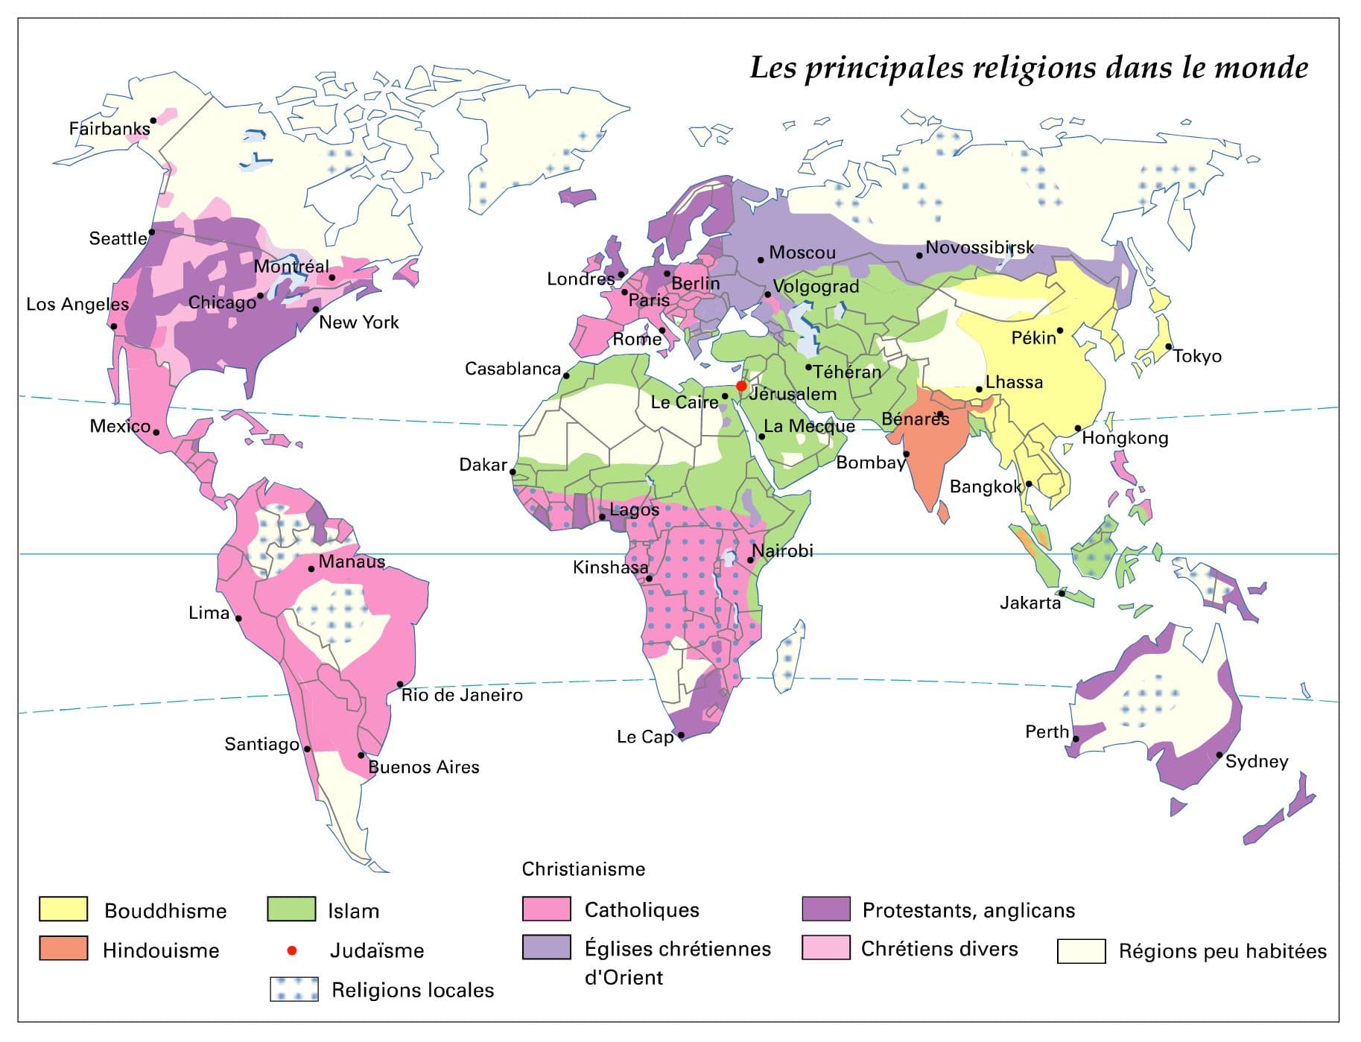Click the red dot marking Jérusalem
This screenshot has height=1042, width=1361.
click(741, 386)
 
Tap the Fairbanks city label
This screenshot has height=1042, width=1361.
click(110, 129)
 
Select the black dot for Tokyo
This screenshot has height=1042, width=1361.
click(1169, 346)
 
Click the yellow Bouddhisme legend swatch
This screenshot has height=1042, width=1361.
click(63, 909)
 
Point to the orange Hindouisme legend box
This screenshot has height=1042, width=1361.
click(63, 949)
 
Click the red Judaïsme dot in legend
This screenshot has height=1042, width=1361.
click(292, 950)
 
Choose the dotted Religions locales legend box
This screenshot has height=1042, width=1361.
click(294, 989)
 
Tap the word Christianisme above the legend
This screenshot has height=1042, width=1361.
click(583, 869)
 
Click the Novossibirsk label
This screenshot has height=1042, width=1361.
click(980, 247)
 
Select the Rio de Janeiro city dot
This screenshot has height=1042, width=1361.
click(400, 684)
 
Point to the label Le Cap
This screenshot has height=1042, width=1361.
click(644, 737)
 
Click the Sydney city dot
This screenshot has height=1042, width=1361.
click(1219, 755)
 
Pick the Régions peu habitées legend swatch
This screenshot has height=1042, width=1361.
click(1081, 951)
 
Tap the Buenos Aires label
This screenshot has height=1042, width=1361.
click(424, 767)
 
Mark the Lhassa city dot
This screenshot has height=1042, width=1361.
click(979, 390)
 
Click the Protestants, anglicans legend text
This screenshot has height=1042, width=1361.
click(968, 910)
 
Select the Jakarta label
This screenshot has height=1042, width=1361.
click(1030, 603)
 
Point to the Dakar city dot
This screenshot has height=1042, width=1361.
click(513, 471)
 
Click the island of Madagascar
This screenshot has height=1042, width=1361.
click(789, 655)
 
